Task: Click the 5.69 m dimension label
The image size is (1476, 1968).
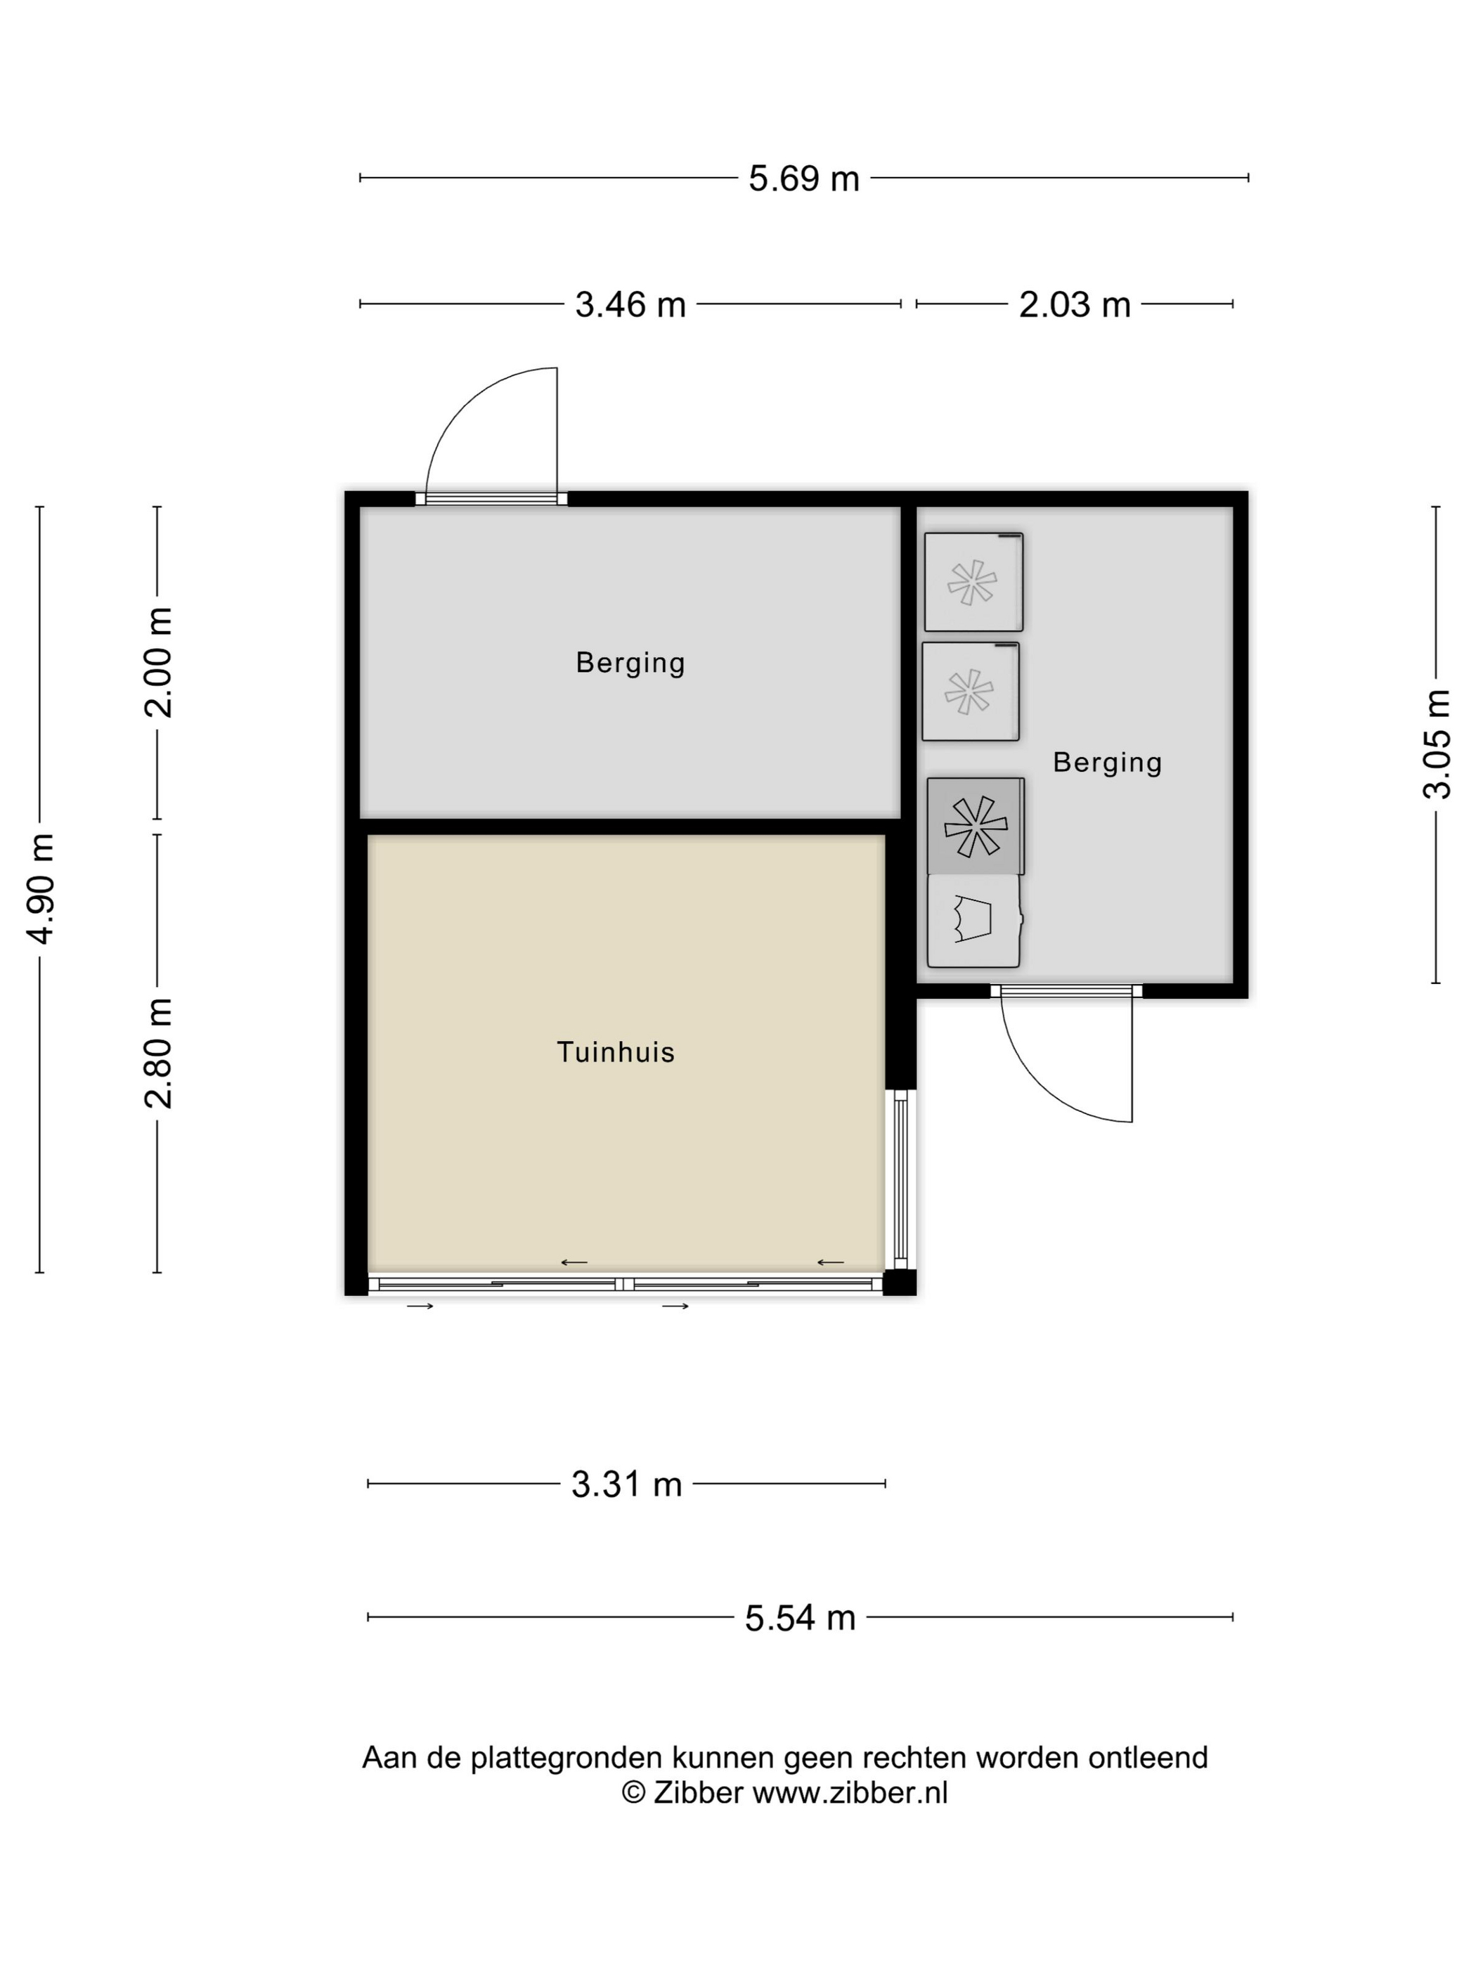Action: [803, 179]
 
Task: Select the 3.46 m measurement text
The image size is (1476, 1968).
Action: [630, 305]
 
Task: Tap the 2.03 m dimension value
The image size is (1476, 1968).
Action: [1074, 305]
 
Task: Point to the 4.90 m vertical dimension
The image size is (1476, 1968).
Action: [41, 888]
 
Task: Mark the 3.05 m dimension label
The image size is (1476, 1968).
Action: [1437, 744]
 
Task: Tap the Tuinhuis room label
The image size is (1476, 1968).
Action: [616, 1052]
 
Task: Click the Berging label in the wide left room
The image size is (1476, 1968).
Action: [630, 663]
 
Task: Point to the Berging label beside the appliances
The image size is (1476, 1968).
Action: [1108, 763]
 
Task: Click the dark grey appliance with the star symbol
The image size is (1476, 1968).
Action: [975, 827]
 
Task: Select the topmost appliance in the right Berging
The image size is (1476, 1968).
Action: [973, 582]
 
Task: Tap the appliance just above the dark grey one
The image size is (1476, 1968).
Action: [971, 692]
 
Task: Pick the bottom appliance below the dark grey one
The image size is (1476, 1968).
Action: [974, 921]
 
